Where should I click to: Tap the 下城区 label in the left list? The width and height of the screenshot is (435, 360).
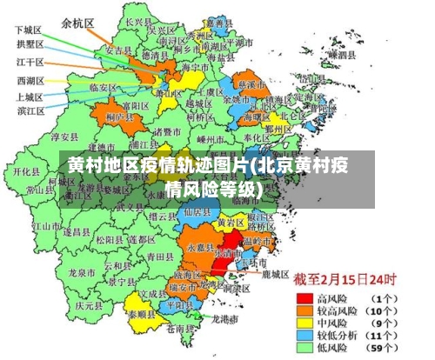pyautogui.click(x=29, y=29)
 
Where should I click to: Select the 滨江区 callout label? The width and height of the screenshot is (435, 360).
pyautogui.click(x=30, y=110)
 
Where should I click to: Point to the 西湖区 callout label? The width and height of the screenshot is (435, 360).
pyautogui.click(x=30, y=81)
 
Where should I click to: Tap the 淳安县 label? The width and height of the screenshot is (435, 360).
pyautogui.click(x=64, y=136)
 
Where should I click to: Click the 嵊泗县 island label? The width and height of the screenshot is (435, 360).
pyautogui.click(x=339, y=54)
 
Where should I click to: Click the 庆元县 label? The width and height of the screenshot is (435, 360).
pyautogui.click(x=89, y=305)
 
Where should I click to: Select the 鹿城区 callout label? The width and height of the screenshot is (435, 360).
pyautogui.click(x=276, y=273)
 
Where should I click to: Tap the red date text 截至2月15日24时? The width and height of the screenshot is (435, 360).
pyautogui.click(x=345, y=281)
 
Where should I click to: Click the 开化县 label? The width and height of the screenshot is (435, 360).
pyautogui.click(x=23, y=171)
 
